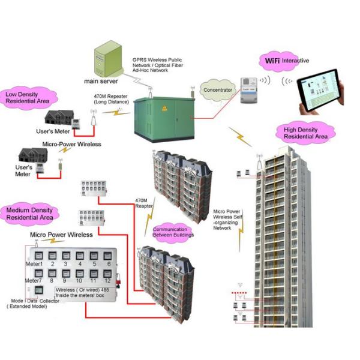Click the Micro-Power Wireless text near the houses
click(x=71, y=144)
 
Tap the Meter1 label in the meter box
click(x=34, y=264)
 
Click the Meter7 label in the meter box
click(x=34, y=280)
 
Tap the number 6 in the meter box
click(x=109, y=264)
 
